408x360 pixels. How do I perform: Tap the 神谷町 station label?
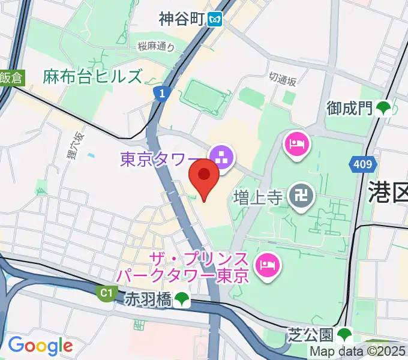pyautogui.click(x=182, y=20)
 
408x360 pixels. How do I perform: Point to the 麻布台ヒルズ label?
pyautogui.click(x=93, y=76)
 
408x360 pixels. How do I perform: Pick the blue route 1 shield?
pyautogui.click(x=160, y=93)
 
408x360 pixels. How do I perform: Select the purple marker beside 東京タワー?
pyautogui.click(x=222, y=158)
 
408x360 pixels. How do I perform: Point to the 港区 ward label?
pyautogui.click(x=388, y=193)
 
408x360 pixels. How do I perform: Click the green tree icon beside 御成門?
pyautogui.click(x=383, y=108)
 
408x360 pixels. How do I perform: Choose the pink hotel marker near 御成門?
pyautogui.click(x=297, y=144)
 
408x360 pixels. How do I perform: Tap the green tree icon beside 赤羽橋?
pyautogui.click(x=181, y=299)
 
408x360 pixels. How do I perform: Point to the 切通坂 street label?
pyautogui.click(x=283, y=79)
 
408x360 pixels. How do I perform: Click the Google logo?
pyautogui.click(x=40, y=346)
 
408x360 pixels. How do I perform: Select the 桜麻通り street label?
pyautogui.click(x=155, y=46)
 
